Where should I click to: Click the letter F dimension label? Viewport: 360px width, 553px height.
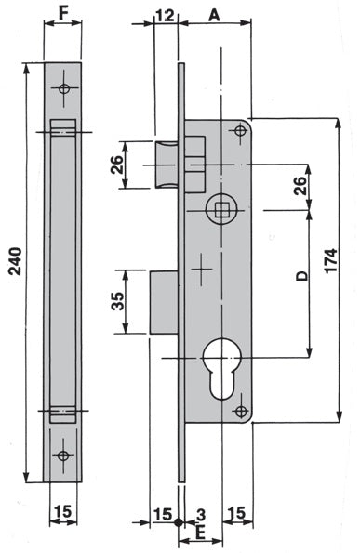(x=62, y=14)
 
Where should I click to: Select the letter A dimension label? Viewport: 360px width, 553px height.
(x=215, y=14)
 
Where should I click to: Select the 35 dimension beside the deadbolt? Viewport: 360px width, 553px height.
(x=117, y=301)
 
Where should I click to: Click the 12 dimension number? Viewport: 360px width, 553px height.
(x=166, y=15)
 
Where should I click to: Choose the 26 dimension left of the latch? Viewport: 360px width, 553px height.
(x=117, y=165)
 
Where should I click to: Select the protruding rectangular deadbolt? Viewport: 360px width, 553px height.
(x=164, y=301)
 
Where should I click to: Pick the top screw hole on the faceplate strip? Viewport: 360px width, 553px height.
(x=63, y=89)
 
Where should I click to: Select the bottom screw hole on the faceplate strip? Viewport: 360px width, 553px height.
(x=63, y=455)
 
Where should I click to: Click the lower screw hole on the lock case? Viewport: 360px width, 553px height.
(x=241, y=411)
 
